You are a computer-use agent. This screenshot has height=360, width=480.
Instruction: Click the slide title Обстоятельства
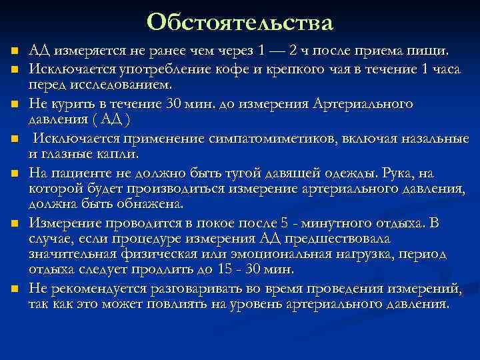[239, 22]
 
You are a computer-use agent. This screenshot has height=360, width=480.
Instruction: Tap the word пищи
[433, 51]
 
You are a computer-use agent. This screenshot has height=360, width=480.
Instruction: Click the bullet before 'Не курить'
[13, 105]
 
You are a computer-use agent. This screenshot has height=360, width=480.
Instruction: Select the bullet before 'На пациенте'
[13, 174]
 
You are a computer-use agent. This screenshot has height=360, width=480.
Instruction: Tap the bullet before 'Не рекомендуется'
[13, 289]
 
